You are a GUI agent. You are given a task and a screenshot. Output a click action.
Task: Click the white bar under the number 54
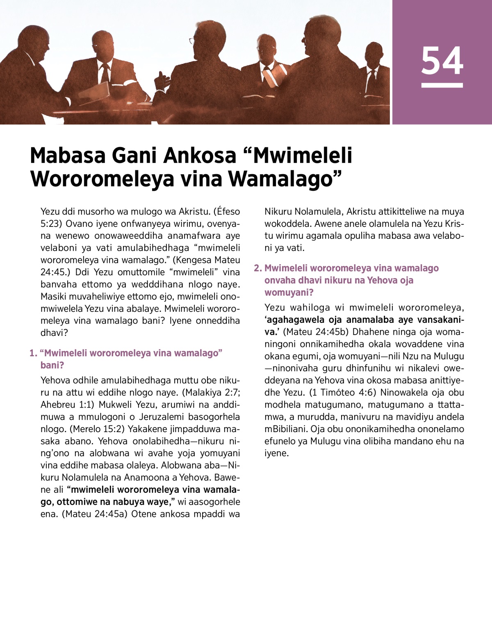pos(442,85)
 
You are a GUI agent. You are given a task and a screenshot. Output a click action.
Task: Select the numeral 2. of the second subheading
pos(258,268)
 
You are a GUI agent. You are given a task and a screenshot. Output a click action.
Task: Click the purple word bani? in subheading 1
pos(52,365)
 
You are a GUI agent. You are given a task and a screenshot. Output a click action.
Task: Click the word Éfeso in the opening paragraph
pos(229,211)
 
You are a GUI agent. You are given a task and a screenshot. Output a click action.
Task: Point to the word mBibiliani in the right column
pos(286,429)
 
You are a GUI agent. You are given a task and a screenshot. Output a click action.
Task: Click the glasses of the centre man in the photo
pos(191,41)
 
